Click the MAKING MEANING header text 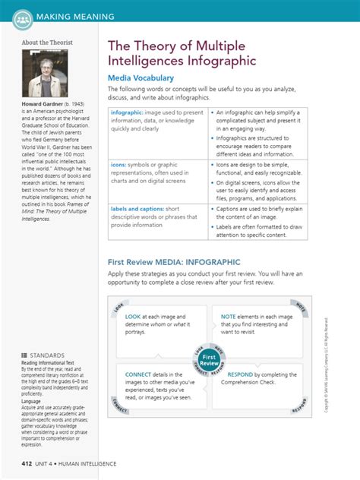[x=76, y=16]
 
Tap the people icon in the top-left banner [x=22, y=16]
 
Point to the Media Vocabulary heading [x=142, y=78]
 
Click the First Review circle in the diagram [x=210, y=358]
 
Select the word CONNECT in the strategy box [x=137, y=374]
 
